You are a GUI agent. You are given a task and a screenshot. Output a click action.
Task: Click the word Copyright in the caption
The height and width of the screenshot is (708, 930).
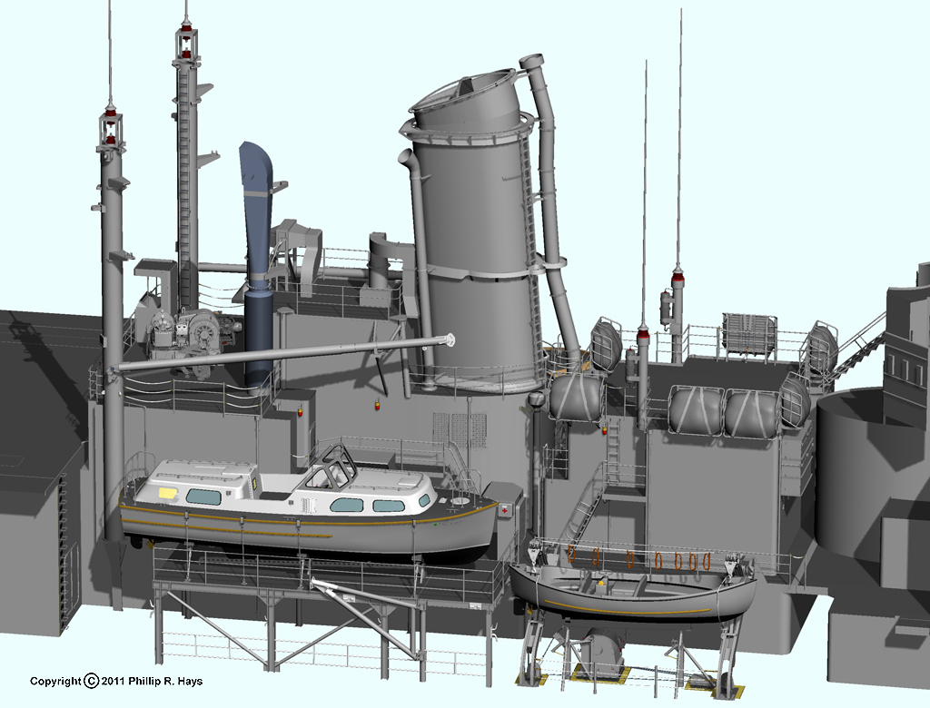tap(55, 682)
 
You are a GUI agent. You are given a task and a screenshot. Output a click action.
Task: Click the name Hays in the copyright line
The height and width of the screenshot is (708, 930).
tap(190, 682)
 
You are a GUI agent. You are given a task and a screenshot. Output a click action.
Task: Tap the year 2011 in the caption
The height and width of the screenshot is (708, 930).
tap(113, 682)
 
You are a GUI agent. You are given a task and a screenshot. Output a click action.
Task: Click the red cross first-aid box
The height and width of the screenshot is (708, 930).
tap(505, 509)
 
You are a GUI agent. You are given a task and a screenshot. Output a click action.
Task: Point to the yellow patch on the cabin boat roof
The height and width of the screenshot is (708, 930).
tap(168, 492)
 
